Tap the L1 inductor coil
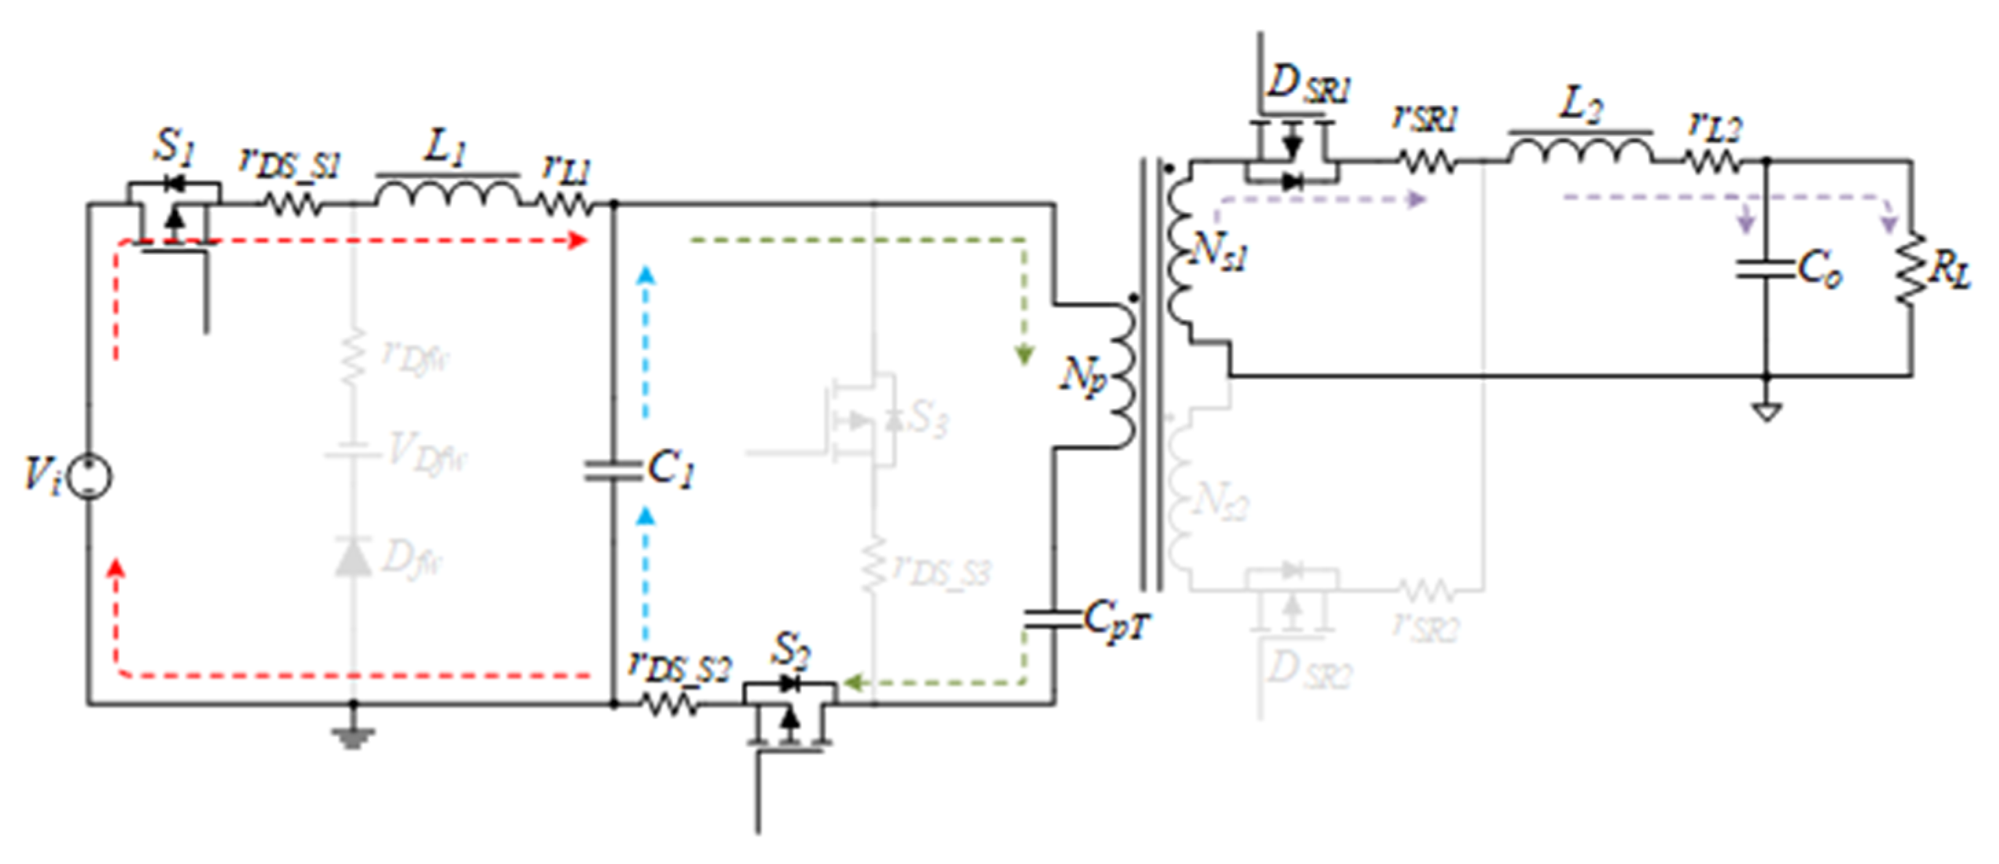pos(449,194)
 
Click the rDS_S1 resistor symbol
pos(292,205)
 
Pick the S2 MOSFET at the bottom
pos(789,712)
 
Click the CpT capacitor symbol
pos(1054,620)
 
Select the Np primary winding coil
pos(1122,377)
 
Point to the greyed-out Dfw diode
pos(353,557)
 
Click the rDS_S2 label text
pos(680,668)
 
